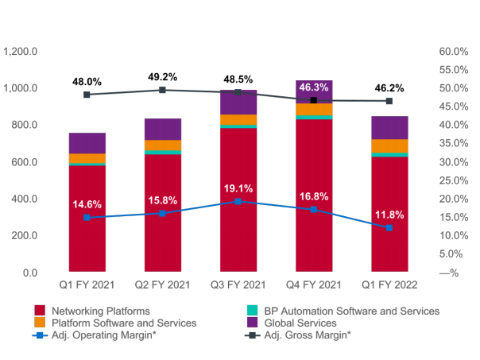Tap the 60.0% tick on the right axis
pos(453,51)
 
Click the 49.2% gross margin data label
pos(162,77)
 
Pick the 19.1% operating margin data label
pos(238,189)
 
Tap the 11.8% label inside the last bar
pos(389,215)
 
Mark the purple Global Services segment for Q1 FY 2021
pos(87,143)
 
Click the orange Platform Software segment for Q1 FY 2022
pos(389,145)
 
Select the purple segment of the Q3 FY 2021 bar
pos(238,103)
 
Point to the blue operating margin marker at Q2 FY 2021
pos(162,213)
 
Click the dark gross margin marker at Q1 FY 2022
pos(389,101)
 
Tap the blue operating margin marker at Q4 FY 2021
pos(313,209)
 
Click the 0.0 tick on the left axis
pos(29,273)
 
